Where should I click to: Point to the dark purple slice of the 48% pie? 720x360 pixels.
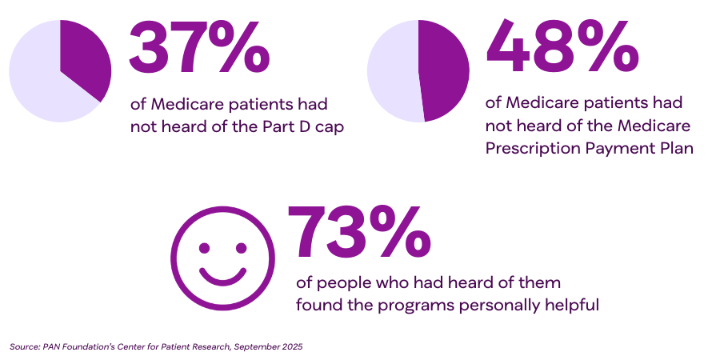pyautogui.click(x=444, y=72)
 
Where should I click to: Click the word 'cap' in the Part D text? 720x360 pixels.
pyautogui.click(x=327, y=127)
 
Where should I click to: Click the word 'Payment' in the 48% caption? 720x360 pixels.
pyautogui.click(x=615, y=148)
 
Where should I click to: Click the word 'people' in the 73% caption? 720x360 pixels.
pyautogui.click(x=342, y=284)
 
